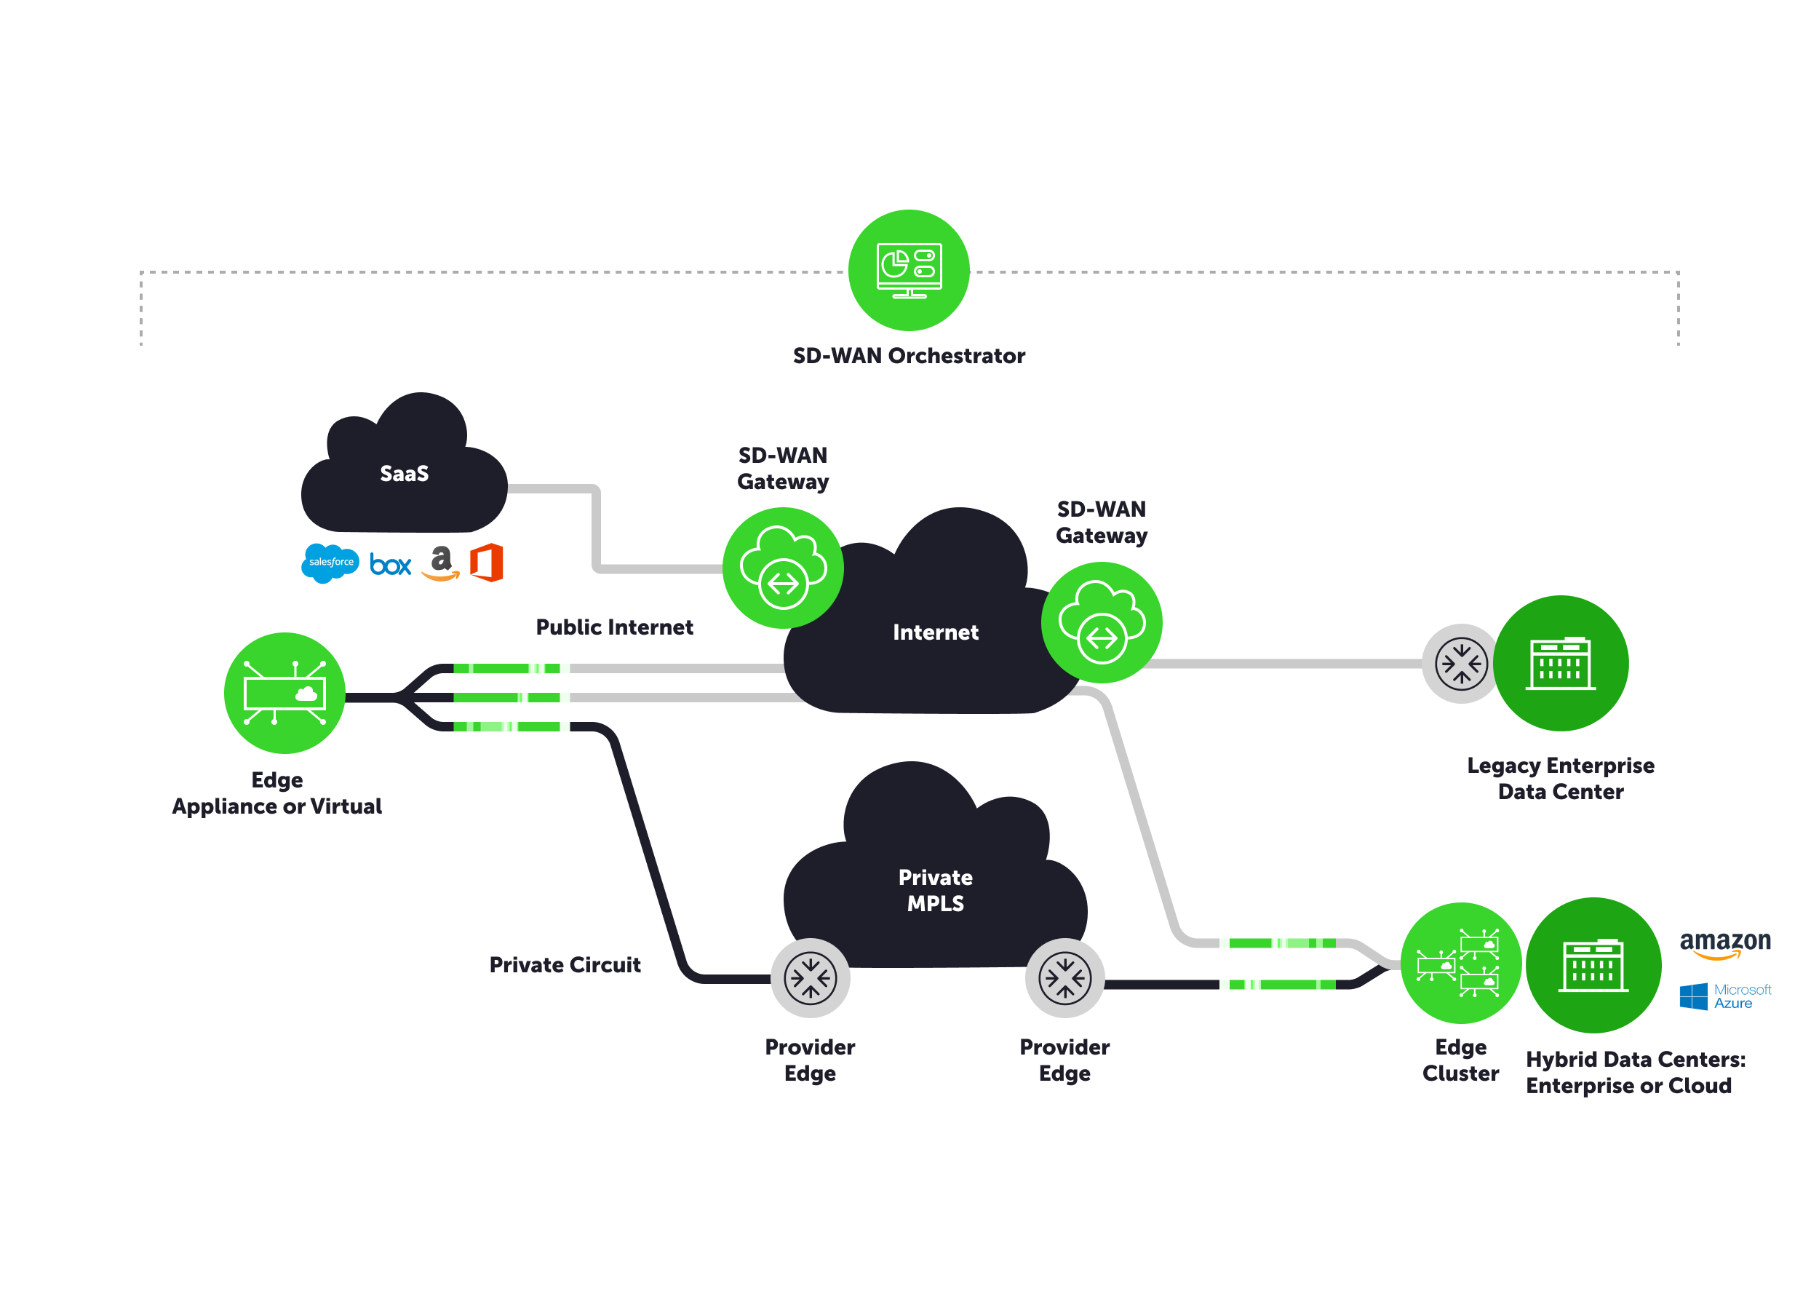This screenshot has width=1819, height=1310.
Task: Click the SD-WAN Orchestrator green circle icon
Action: tap(909, 270)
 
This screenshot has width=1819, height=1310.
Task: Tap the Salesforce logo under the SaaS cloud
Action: tap(330, 563)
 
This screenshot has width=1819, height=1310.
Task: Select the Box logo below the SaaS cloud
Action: tap(391, 565)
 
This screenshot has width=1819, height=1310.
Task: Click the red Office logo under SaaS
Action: tap(487, 563)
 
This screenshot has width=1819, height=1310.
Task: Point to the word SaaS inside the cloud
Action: tap(405, 474)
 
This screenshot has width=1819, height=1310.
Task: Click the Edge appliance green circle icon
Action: tap(284, 693)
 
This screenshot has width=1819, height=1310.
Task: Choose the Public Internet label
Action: tap(614, 627)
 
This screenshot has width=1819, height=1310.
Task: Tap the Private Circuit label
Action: tap(565, 965)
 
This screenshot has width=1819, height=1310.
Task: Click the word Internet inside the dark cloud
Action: tap(935, 633)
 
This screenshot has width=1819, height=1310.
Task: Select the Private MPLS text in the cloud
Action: tap(935, 891)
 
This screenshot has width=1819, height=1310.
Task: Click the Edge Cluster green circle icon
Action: tap(1460, 964)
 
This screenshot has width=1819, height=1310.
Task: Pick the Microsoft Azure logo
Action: tap(1725, 996)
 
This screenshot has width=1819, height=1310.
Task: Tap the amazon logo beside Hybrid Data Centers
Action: tap(1725, 943)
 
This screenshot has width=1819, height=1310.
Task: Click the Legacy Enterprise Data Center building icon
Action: tap(1561, 664)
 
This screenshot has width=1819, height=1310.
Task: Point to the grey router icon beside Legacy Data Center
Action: tap(1461, 664)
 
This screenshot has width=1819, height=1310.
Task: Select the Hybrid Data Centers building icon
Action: tap(1593, 965)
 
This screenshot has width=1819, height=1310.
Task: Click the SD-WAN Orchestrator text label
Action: tap(909, 356)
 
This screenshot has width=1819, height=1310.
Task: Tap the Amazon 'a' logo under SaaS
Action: tap(440, 563)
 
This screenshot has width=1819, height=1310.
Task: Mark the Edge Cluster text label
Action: tap(1460, 1060)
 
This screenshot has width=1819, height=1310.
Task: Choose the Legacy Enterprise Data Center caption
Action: tap(1561, 779)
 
